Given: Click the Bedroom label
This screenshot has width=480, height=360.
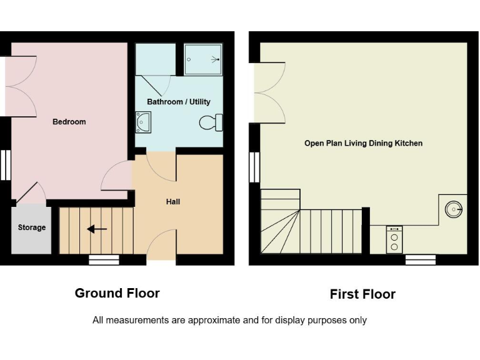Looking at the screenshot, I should pos(69,122).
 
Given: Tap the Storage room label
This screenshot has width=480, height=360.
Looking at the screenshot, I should pos(31,227).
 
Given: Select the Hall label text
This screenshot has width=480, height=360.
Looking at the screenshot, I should pos(173,202).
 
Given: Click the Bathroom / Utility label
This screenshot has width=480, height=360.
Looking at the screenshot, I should pos(179,102).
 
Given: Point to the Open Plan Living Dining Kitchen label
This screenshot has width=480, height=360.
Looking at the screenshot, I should pos(363,143).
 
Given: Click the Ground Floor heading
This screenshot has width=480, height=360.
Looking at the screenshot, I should pos(117,293).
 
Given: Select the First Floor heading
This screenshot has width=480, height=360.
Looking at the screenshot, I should pos(362,294).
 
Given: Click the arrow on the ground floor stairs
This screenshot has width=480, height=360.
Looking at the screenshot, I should pos(96,229).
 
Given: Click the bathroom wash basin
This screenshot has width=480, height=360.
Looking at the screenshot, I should pos(142,122).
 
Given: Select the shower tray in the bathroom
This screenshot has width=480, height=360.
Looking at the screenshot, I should pos(203,59).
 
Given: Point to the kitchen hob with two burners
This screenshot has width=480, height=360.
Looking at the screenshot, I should pos(394,238).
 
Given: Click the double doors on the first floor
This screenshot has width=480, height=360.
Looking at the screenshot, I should pos(269,92).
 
